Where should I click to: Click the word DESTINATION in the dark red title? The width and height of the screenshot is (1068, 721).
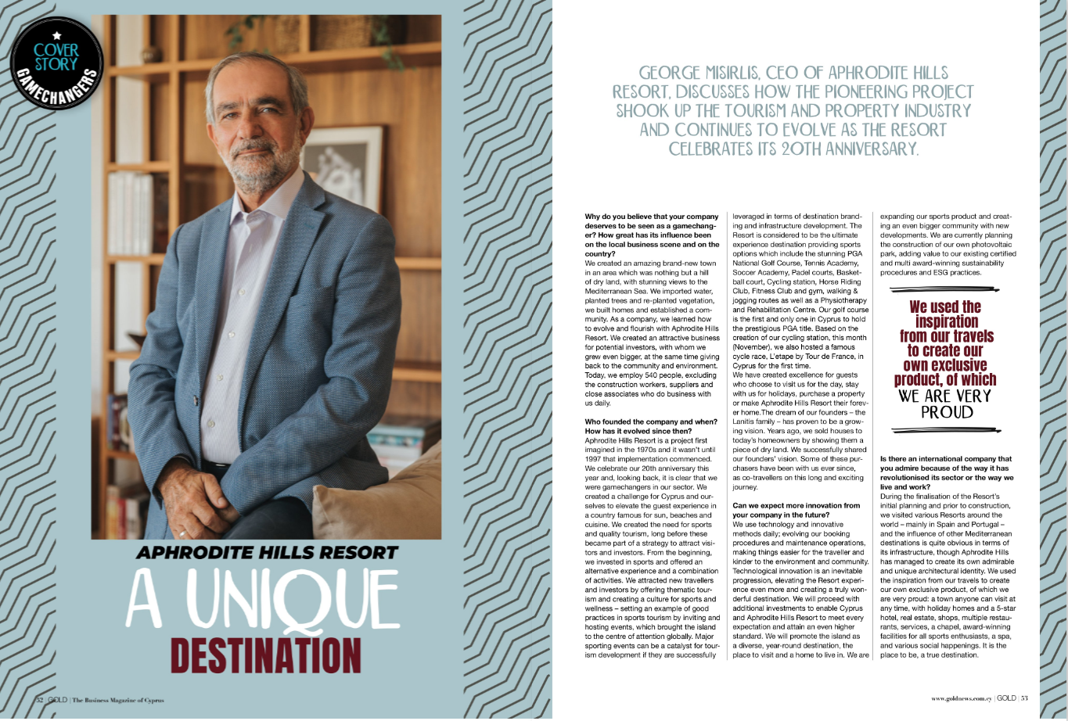click(x=266, y=655)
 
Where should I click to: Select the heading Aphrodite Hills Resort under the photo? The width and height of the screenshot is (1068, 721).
click(x=267, y=553)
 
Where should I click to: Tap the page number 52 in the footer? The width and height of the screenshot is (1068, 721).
click(x=38, y=700)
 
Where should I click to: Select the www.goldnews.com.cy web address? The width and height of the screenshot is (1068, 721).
click(x=961, y=698)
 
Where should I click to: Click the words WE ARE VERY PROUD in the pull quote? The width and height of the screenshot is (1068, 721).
click(x=944, y=404)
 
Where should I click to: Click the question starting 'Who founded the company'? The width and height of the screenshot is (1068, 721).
click(x=650, y=426)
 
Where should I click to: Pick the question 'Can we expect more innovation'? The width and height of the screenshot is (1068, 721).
click(x=796, y=510)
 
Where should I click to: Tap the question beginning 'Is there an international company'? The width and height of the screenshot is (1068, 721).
click(x=946, y=468)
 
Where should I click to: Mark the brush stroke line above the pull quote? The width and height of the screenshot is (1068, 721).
click(x=944, y=290)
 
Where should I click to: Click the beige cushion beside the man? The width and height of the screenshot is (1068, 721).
click(x=368, y=500)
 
